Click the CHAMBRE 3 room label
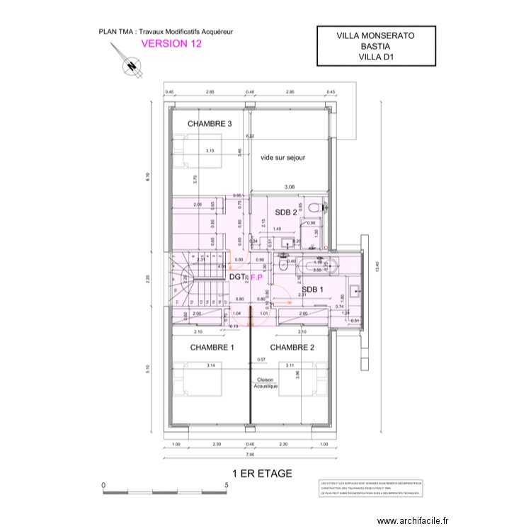pyautogui.click(x=210, y=124)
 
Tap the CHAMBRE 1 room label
pyautogui.click(x=212, y=348)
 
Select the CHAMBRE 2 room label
pyautogui.click(x=292, y=348)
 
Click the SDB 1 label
pyautogui.click(x=312, y=290)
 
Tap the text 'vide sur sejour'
pyautogui.click(x=282, y=158)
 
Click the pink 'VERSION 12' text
pyautogui.click(x=172, y=43)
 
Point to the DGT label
pyautogui.click(x=237, y=277)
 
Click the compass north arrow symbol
pyautogui.click(x=130, y=66)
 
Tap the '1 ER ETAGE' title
pyautogui.click(x=262, y=474)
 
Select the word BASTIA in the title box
pyautogui.click(x=375, y=47)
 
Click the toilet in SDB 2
pyautogui.click(x=324, y=207)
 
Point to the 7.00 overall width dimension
pyautogui.click(x=250, y=455)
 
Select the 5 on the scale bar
pyautogui.click(x=226, y=486)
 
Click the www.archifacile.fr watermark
pyautogui.click(x=413, y=520)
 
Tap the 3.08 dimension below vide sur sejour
pyautogui.click(x=290, y=187)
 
